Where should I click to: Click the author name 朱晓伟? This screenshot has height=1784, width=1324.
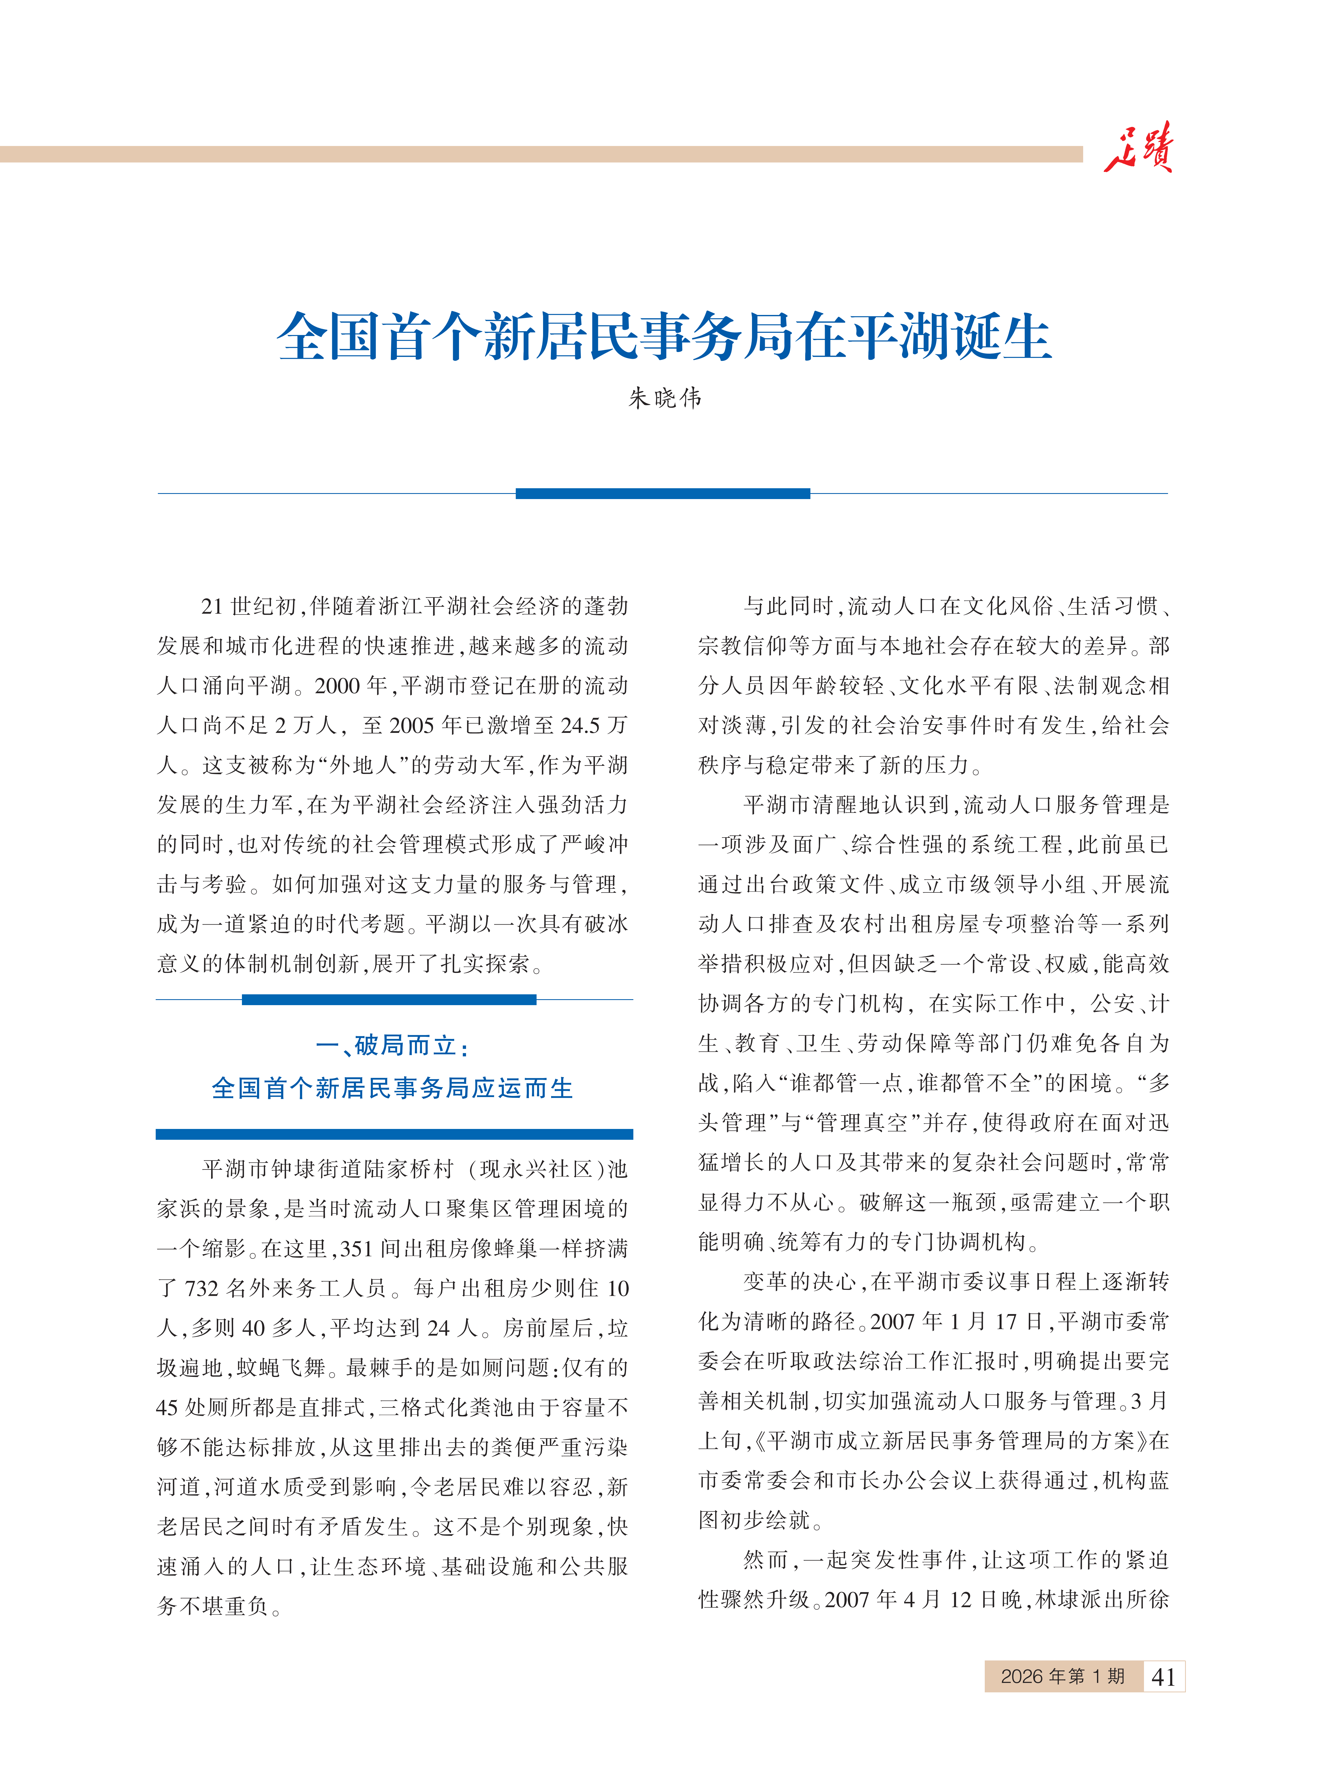pos(664,397)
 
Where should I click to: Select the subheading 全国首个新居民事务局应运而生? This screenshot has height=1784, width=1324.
pos(393,1088)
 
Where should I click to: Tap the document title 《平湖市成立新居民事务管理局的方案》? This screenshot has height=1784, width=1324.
pos(950,1441)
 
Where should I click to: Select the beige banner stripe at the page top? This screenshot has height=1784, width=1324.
pos(541,154)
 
